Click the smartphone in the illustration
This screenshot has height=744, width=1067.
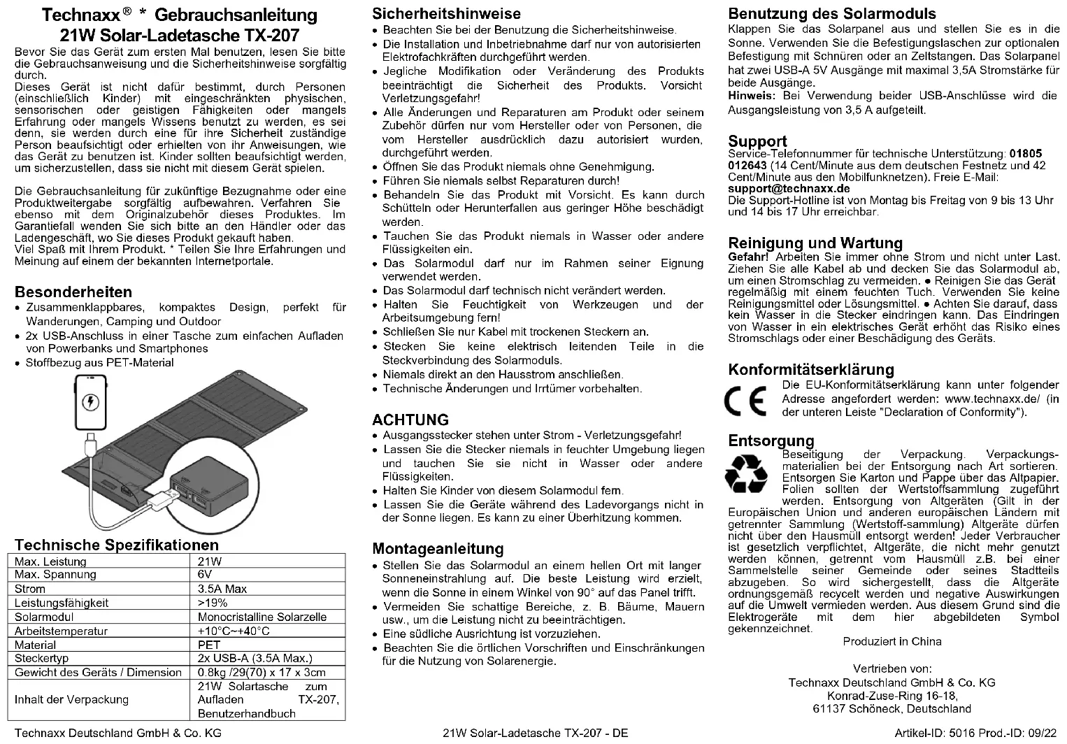[x=90, y=404]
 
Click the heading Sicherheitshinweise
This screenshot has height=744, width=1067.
[x=446, y=14]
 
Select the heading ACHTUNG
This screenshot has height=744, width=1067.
[x=410, y=420]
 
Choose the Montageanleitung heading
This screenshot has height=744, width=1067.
[x=438, y=549]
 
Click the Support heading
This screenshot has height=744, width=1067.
[x=757, y=141]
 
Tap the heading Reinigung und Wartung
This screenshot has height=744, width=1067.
[x=815, y=243]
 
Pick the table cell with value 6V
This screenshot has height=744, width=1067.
[x=205, y=575]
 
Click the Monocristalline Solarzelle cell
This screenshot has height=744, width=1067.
[x=262, y=617]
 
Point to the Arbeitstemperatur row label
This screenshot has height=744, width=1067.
[x=61, y=631]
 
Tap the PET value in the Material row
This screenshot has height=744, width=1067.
[x=209, y=645]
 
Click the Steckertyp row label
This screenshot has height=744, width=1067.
[x=41, y=658]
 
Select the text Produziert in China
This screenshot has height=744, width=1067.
[x=891, y=641]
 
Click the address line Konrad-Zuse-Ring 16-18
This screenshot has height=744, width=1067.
[x=891, y=696]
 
